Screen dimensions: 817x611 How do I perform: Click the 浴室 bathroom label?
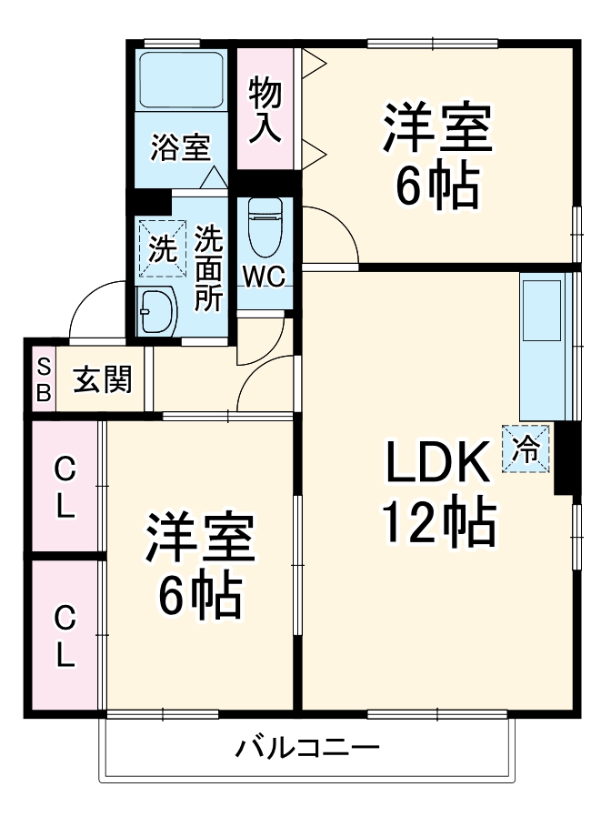[x=180, y=146]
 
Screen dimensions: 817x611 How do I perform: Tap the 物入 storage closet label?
[x=265, y=109]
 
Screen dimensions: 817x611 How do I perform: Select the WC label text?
[x=265, y=275]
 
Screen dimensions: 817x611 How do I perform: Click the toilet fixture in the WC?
[x=265, y=227]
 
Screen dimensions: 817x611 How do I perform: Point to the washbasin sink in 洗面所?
[x=156, y=311]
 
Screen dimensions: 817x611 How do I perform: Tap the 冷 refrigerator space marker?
[x=526, y=448]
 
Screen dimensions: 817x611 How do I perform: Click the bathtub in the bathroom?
[x=180, y=80]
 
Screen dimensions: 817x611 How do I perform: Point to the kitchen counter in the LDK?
[x=548, y=346]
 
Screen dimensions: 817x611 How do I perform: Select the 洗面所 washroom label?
[x=210, y=269]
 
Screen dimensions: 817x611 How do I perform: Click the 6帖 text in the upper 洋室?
[x=436, y=186]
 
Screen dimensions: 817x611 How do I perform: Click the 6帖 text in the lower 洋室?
[x=200, y=596]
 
